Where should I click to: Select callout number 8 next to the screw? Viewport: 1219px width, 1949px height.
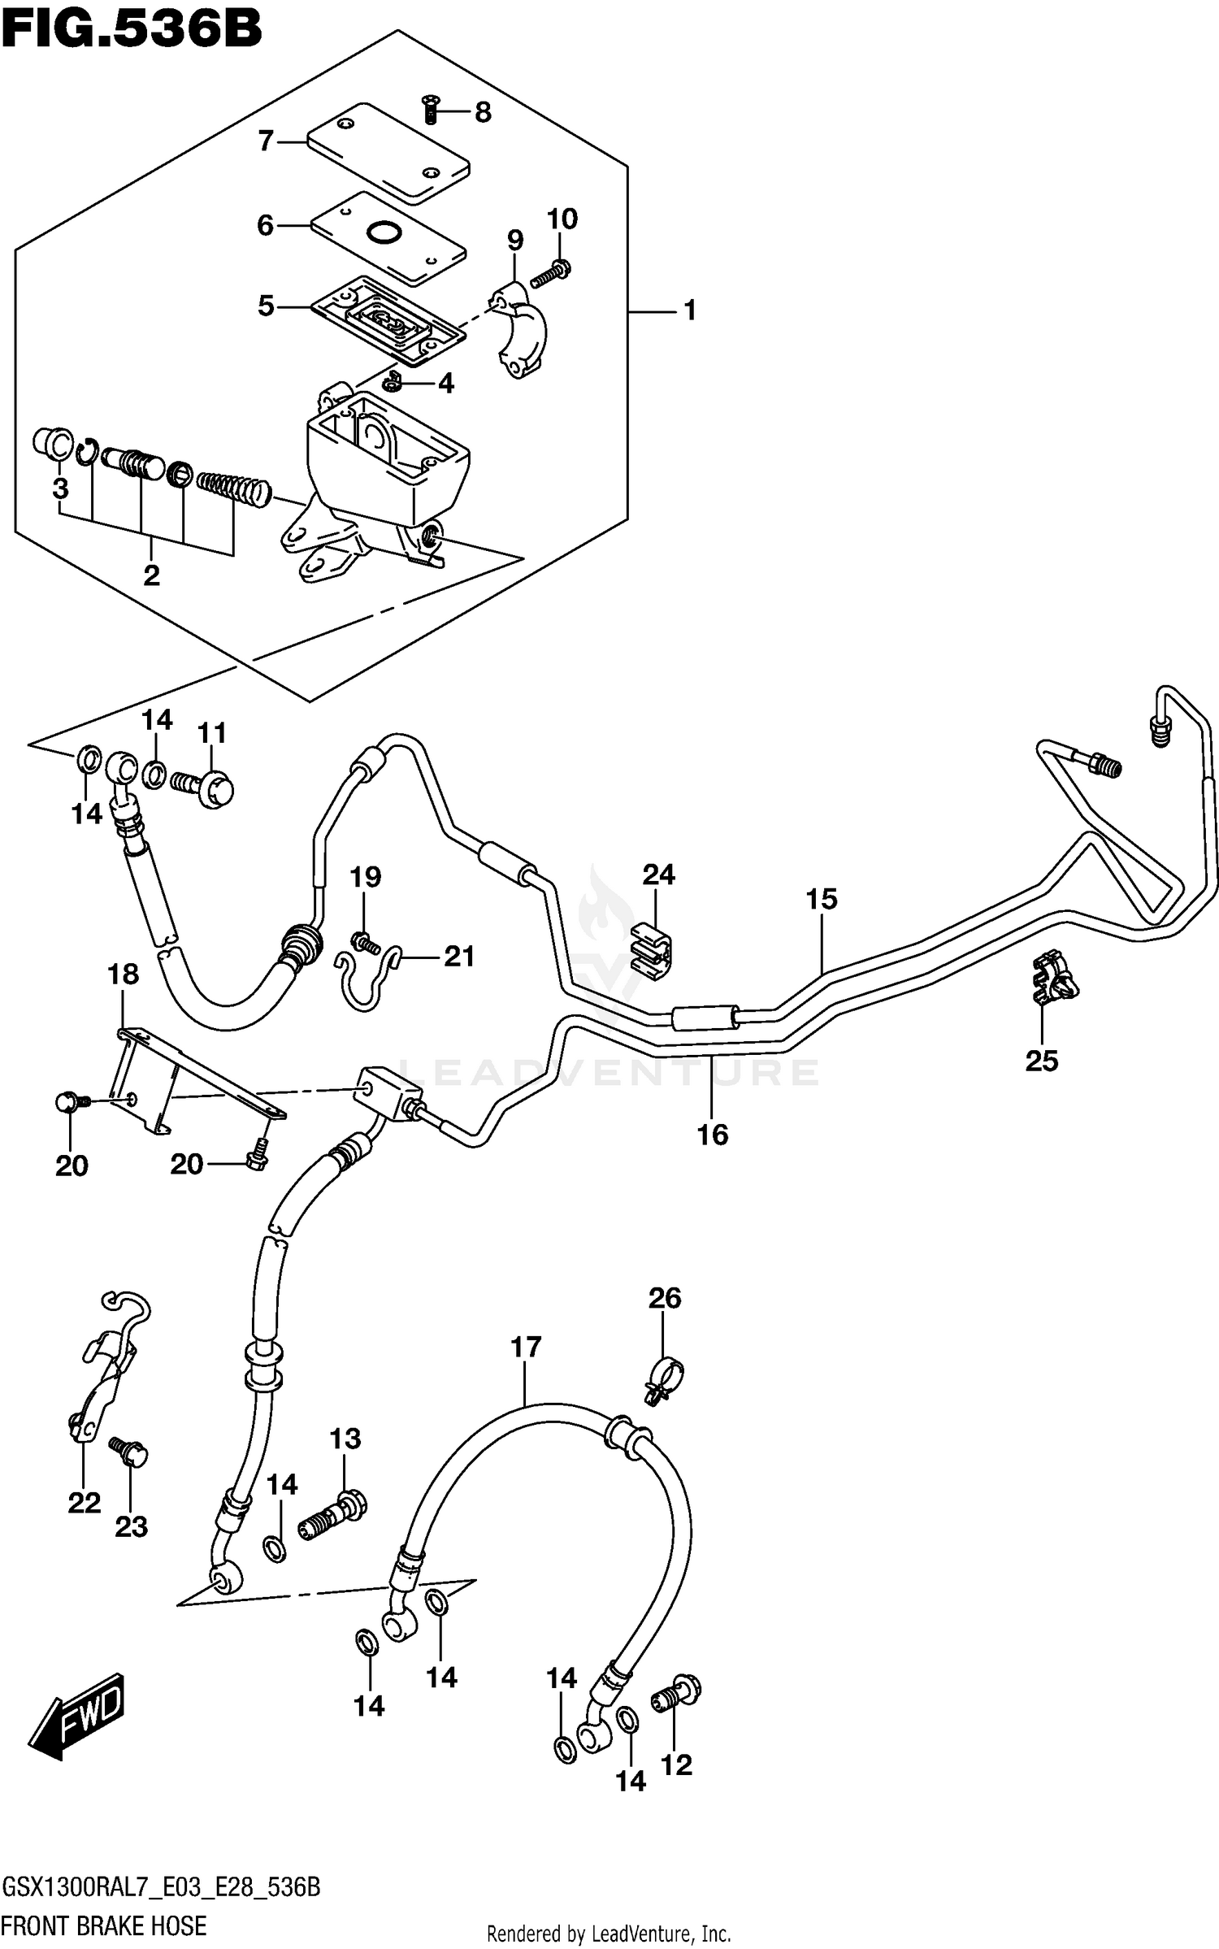[x=483, y=112]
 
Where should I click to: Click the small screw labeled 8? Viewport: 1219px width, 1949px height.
[x=431, y=108]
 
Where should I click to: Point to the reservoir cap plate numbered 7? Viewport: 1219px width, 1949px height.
[x=388, y=153]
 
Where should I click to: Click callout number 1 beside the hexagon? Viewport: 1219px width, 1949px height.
[x=689, y=310]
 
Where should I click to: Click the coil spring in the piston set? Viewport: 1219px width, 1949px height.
[x=233, y=486]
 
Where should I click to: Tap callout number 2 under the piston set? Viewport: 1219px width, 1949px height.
[x=151, y=575]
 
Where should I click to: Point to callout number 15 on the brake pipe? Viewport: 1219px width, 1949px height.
[x=822, y=899]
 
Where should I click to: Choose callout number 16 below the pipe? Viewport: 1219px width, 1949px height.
[x=713, y=1135]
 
